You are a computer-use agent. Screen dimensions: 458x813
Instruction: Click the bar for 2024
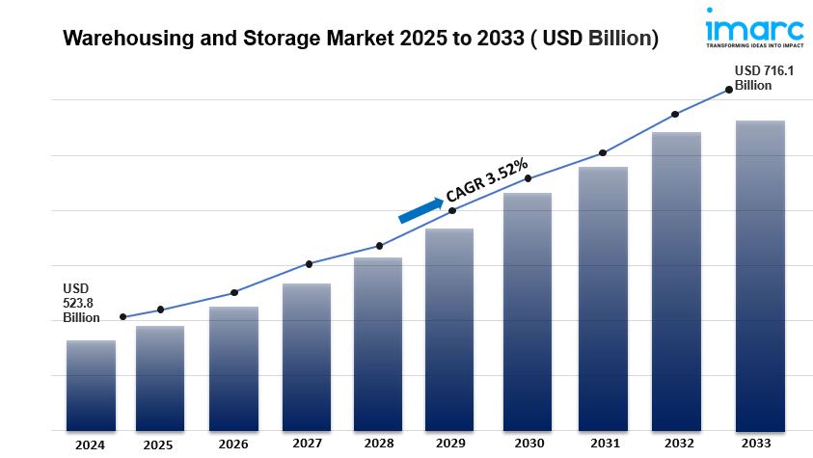pos(91,385)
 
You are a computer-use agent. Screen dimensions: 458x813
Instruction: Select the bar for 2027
pos(307,356)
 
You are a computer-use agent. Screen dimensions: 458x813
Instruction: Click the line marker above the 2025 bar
pos(160,310)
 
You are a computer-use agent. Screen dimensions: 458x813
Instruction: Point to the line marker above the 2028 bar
pos(379,246)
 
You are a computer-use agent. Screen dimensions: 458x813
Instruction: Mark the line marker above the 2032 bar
pos(675,114)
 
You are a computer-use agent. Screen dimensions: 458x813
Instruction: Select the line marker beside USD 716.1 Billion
pos(728,90)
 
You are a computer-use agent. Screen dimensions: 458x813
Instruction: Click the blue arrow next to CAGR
pos(420,209)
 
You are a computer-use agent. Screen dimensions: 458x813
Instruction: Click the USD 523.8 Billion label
pos(81,303)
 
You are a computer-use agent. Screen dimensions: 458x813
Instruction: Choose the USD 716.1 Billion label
pos(758,77)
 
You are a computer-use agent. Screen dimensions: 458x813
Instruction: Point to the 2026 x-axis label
pos(232,445)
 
